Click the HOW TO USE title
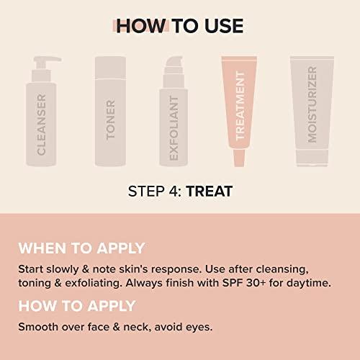180,26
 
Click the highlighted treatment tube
242,108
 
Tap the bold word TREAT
209,192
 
